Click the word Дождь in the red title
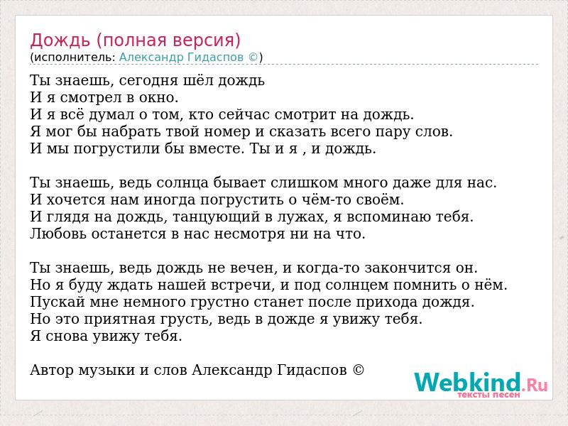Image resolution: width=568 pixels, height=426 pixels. click(x=60, y=40)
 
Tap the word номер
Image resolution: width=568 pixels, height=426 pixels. click(x=226, y=132)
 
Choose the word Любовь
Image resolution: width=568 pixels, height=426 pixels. click(x=58, y=234)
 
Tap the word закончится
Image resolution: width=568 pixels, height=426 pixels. click(x=404, y=268)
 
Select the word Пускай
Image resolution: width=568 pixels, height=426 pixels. click(x=58, y=302)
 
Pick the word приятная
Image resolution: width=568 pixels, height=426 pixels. click(x=119, y=319)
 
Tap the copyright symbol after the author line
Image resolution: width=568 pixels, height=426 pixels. click(x=358, y=370)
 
